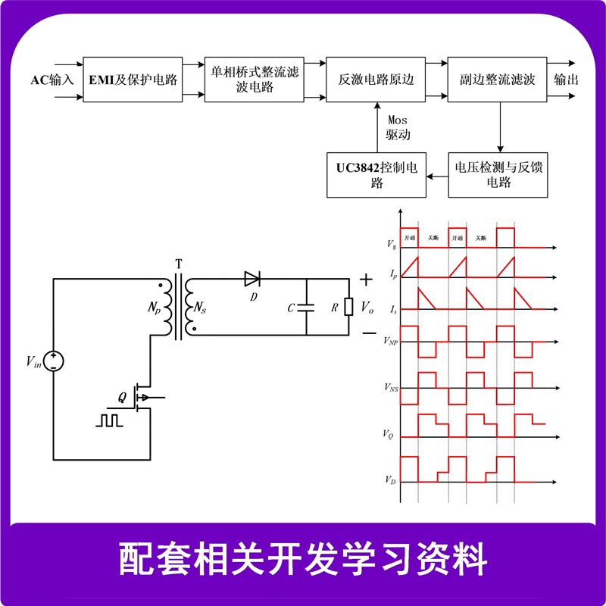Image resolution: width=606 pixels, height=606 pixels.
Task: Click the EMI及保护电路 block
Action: coord(133,79)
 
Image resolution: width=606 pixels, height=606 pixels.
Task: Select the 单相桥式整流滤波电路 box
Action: coord(255,79)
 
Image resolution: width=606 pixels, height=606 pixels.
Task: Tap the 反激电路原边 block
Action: coord(376,79)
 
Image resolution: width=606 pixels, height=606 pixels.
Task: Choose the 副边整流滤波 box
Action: coord(498,79)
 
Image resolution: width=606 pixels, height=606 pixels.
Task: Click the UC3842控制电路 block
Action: coord(376,174)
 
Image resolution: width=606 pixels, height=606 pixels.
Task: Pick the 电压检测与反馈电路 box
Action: coord(498,174)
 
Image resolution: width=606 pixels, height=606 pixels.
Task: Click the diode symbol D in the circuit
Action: coord(252,280)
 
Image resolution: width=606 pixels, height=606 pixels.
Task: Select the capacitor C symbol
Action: coord(305,308)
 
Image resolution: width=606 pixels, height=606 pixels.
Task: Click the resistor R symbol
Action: coord(348,308)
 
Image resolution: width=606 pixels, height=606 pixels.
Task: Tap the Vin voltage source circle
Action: coord(53,361)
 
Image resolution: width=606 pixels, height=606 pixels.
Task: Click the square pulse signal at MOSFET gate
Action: coord(108,419)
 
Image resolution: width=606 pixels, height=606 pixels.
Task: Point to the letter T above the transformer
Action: coord(178,264)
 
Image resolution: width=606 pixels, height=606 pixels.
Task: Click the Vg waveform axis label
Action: coord(390,245)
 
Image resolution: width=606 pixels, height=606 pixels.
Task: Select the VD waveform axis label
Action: coord(389,481)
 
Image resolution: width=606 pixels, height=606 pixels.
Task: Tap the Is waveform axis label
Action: coord(390,311)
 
